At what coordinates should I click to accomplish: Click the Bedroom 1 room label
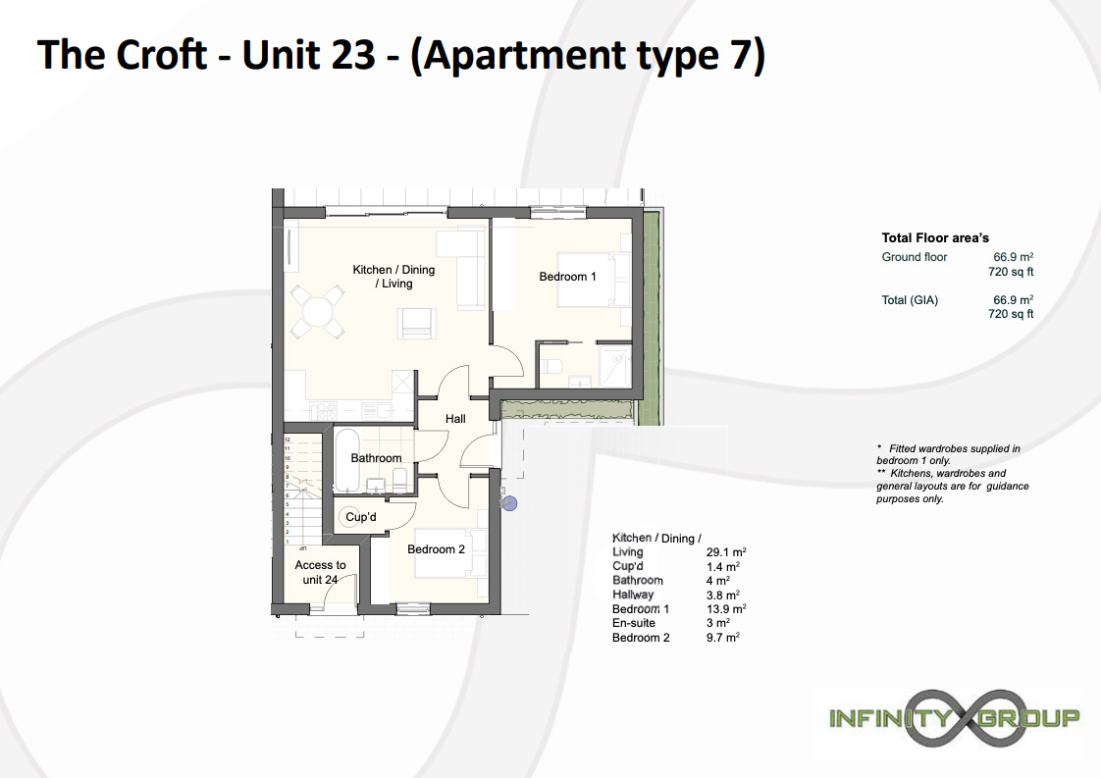tap(567, 277)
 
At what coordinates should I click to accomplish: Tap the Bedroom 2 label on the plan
tap(436, 549)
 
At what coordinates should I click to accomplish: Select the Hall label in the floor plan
tap(455, 419)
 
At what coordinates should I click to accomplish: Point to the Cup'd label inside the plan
tap(361, 517)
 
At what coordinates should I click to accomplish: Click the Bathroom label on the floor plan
tap(377, 458)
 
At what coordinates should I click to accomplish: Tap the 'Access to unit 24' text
tap(320, 572)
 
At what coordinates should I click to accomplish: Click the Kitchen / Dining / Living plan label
tap(393, 276)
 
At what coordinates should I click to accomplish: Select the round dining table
tap(318, 310)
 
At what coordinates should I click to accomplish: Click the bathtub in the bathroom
tap(347, 460)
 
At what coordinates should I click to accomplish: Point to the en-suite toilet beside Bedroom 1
tap(551, 366)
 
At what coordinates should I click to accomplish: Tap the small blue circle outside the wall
tap(509, 502)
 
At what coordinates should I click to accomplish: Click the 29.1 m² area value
tap(726, 552)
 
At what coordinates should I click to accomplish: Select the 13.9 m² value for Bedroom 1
tap(726, 609)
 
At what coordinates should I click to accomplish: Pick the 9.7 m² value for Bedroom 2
tap(723, 637)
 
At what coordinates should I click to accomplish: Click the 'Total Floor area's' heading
tap(935, 238)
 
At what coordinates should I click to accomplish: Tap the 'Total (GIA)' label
tap(910, 300)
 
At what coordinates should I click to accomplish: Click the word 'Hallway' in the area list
tap(633, 595)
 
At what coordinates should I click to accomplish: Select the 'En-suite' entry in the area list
tap(633, 623)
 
